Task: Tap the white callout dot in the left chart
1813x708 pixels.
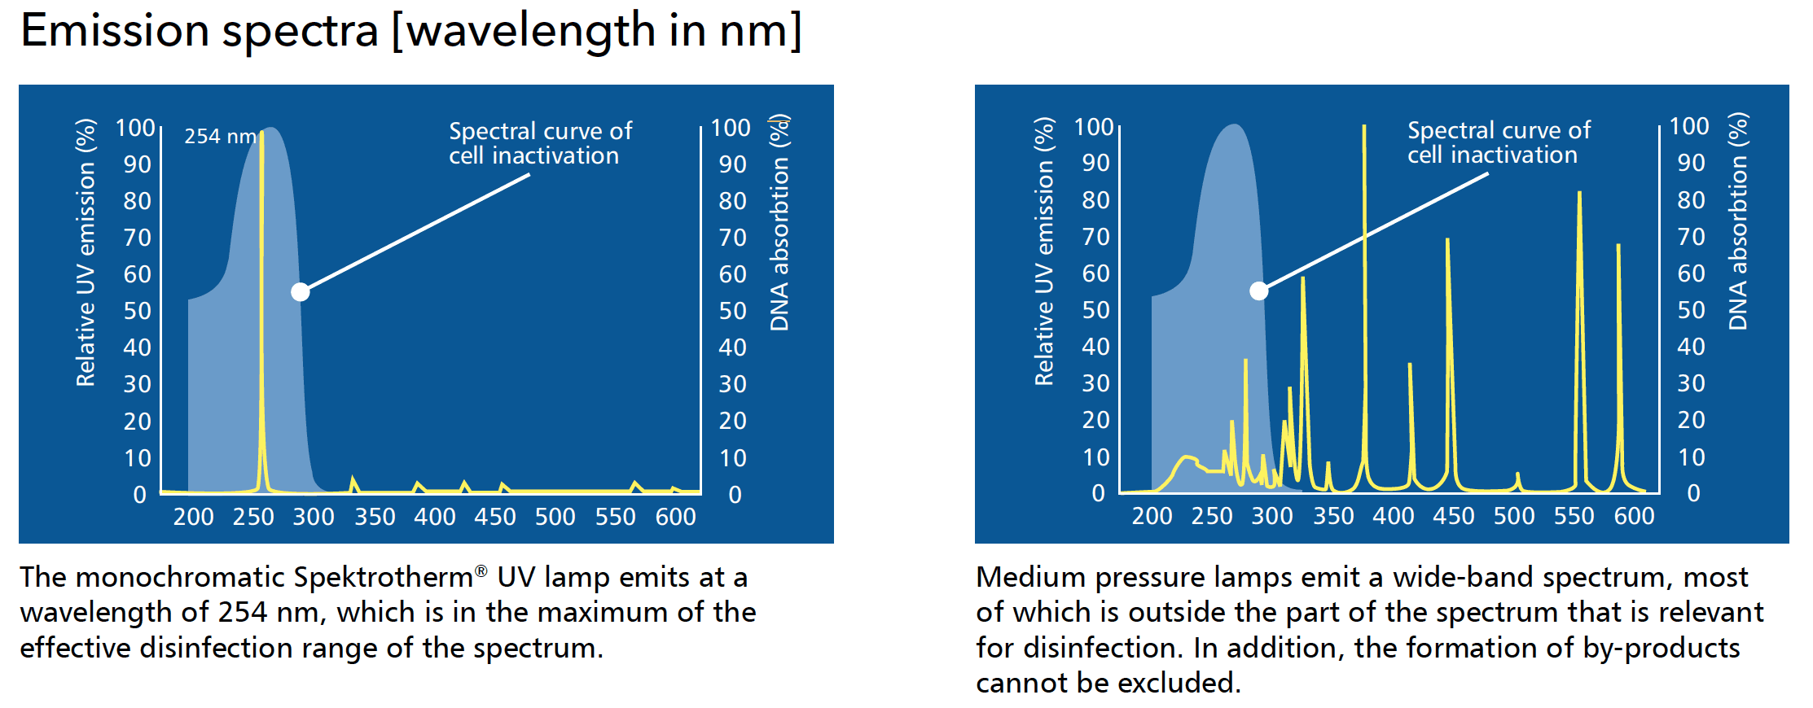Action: pos(301,291)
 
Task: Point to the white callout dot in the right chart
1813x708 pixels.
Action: pos(1259,291)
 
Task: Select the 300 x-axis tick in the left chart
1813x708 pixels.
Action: pos(314,517)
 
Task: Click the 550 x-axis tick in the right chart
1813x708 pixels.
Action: pos(1574,516)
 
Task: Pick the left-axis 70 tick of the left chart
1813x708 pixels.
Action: pos(138,238)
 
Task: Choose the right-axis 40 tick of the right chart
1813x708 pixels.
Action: pos(1691,347)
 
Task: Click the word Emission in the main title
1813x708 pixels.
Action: pos(115,31)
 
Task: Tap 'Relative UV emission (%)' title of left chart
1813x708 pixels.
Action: pos(86,252)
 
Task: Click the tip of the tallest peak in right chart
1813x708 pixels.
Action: pos(1364,126)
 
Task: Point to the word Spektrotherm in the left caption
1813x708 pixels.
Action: pos(383,577)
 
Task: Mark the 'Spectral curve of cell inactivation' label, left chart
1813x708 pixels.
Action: pos(540,143)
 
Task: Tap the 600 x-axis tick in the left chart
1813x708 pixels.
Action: pos(675,517)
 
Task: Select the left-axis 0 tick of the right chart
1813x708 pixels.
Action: pos(1098,493)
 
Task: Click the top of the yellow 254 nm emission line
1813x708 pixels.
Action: pos(261,132)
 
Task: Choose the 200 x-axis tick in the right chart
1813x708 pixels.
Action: pos(1152,516)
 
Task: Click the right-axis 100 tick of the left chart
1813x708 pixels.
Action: pos(730,128)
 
